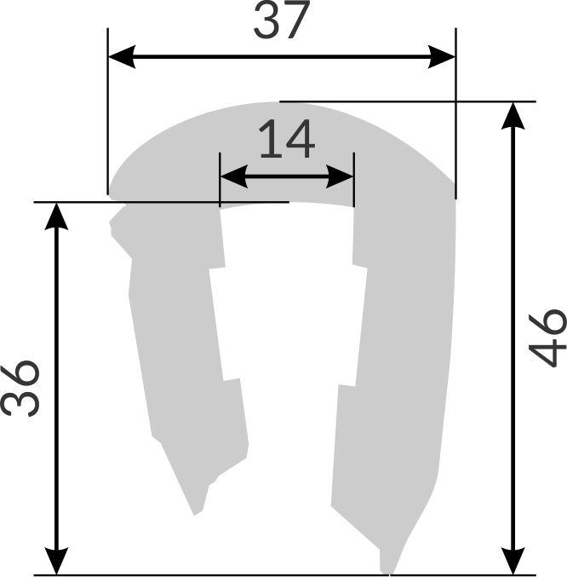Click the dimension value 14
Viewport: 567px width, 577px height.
287,141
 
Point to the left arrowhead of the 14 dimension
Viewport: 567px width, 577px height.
232,177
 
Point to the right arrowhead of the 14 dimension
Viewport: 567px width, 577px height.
341,177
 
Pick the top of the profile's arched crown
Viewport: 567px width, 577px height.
272,104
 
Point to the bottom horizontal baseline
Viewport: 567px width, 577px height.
213,574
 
